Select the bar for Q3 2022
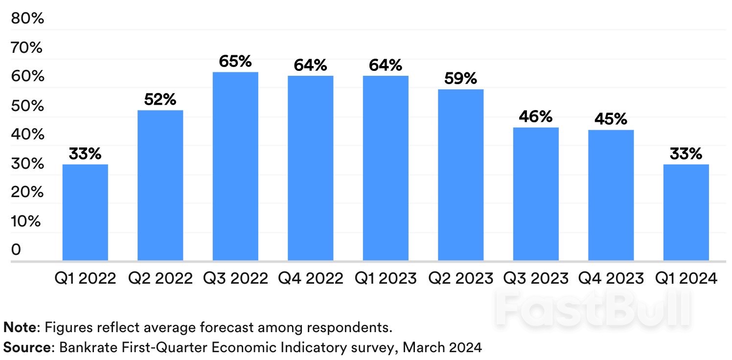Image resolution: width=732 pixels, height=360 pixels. click(235, 166)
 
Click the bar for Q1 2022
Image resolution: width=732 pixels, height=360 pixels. click(85, 212)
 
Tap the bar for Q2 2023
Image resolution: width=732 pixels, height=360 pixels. click(460, 175)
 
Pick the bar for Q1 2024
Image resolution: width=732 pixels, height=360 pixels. click(686, 212)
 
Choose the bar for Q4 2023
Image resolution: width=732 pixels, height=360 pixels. click(611, 195)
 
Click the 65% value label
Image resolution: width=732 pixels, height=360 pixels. click(235, 62)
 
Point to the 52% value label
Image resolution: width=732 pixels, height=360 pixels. click(160, 100)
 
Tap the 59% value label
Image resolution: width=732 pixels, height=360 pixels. click(460, 79)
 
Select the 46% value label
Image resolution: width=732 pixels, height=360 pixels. click(536, 117)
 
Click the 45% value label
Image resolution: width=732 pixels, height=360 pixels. click(611, 119)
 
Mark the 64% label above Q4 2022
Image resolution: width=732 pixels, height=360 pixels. click(310, 66)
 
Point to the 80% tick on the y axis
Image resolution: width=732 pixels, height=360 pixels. click(27, 19)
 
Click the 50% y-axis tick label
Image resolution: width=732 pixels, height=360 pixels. click(27, 106)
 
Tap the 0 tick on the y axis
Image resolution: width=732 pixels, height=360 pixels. click(17, 250)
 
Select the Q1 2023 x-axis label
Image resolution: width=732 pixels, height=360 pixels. click(386, 279)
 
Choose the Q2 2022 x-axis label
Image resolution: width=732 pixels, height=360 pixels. click(160, 279)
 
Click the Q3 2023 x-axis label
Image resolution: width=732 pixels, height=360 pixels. click(536, 279)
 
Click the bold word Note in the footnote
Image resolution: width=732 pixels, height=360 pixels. click(19, 326)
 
